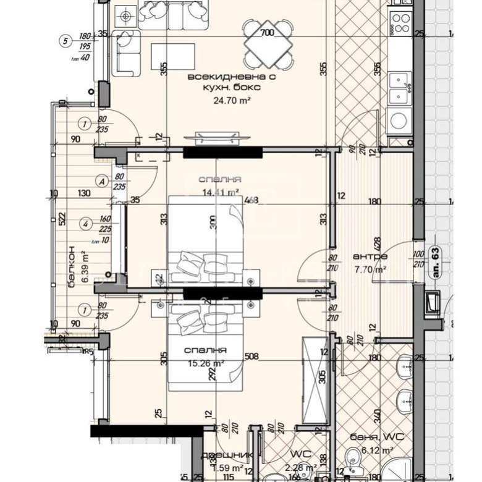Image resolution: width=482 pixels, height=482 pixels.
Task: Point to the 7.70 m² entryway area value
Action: (370, 269)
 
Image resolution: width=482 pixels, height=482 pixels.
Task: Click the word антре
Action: (370, 256)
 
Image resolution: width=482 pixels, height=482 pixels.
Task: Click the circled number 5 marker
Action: (65, 41)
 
